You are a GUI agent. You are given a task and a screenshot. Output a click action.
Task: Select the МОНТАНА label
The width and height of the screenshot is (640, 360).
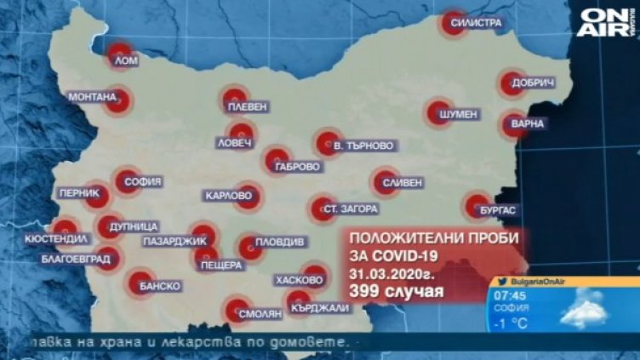[91, 97]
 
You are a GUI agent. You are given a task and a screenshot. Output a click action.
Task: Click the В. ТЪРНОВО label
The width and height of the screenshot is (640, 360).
[363, 146]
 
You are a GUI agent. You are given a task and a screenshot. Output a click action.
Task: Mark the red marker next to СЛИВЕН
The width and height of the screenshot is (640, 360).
[381, 181]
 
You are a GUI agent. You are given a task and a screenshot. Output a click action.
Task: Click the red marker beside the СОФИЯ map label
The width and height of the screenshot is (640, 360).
[127, 178]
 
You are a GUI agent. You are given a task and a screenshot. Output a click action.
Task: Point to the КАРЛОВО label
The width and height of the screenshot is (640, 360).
[229, 196]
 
